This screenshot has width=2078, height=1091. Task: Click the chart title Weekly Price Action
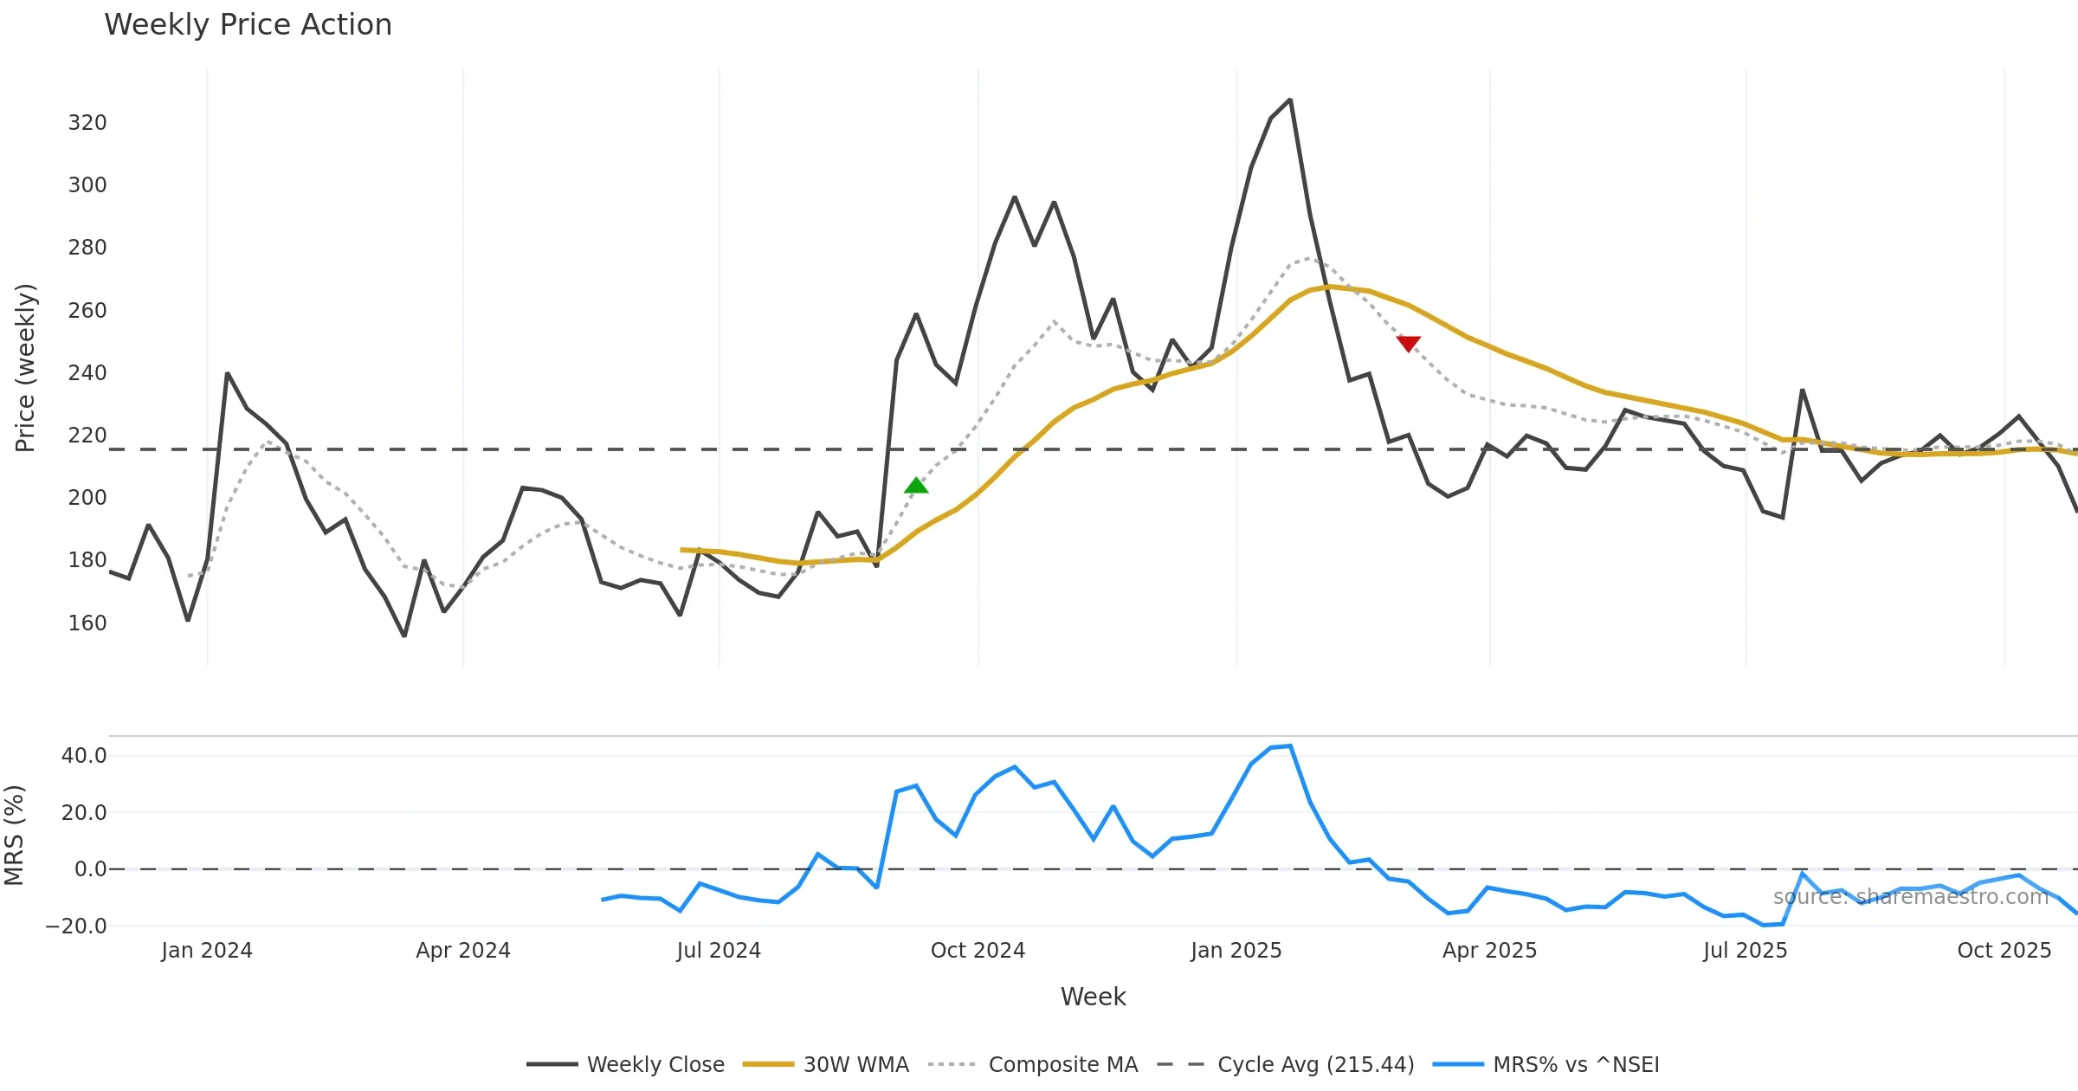[248, 25]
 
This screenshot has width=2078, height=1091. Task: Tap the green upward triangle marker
[916, 486]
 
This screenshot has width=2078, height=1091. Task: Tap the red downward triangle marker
[1409, 344]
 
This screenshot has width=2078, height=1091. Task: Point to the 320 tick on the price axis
[87, 123]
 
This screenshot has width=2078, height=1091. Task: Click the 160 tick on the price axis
[87, 623]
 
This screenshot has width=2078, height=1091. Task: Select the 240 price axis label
[87, 373]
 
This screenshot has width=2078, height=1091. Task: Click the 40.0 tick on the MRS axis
[84, 756]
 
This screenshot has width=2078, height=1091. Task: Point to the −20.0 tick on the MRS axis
[76, 926]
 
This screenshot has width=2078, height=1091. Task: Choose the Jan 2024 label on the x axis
[207, 951]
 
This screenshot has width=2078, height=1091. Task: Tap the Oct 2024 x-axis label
[978, 951]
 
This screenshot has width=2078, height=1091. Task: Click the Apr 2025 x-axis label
[1489, 951]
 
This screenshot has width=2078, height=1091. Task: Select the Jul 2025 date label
[1745, 951]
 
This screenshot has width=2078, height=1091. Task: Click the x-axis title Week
[1093, 997]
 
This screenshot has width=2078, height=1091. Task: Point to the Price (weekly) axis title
[25, 368]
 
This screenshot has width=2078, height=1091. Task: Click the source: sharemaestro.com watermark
[1910, 897]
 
